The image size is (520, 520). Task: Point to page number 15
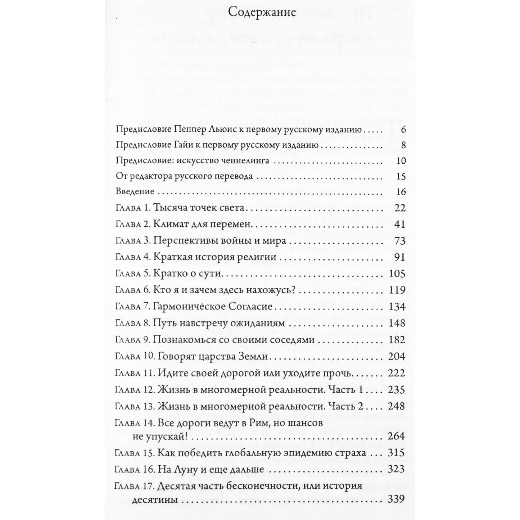click(401, 177)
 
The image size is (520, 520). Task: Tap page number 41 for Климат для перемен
click(399, 224)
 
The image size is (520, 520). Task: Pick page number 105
click(397, 274)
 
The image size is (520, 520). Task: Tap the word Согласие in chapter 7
click(250, 307)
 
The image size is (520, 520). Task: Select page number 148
click(397, 323)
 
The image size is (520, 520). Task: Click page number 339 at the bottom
click(397, 499)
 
